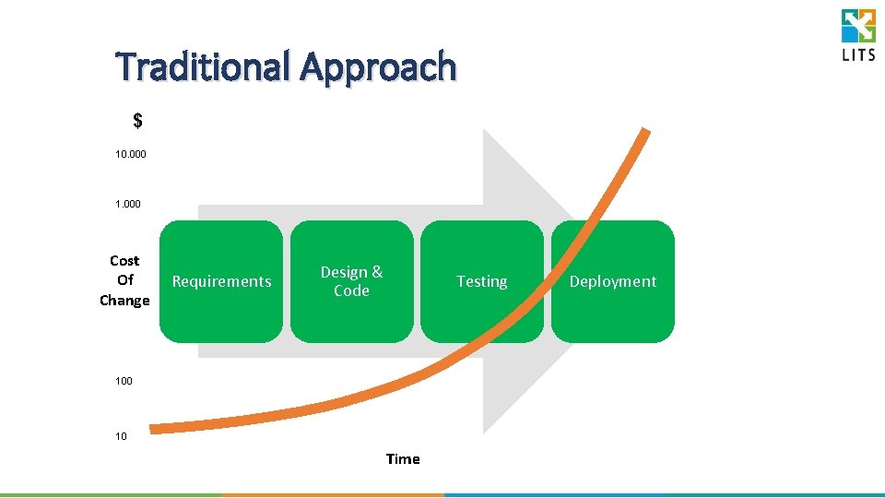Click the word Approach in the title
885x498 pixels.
[x=378, y=67]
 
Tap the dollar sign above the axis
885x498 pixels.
[x=137, y=121]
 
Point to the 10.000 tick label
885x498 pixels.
[x=130, y=156]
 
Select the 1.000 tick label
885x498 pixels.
[x=128, y=204]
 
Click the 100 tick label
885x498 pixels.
[x=124, y=380]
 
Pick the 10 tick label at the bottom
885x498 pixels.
[x=122, y=436]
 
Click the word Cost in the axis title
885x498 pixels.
[x=124, y=261]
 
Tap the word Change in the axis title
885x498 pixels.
[x=124, y=301]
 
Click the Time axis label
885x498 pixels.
[x=403, y=459]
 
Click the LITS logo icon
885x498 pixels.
[x=858, y=26]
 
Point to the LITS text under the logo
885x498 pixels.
[x=858, y=54]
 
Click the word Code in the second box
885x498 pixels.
[x=351, y=290]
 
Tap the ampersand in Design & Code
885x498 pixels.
[x=377, y=272]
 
